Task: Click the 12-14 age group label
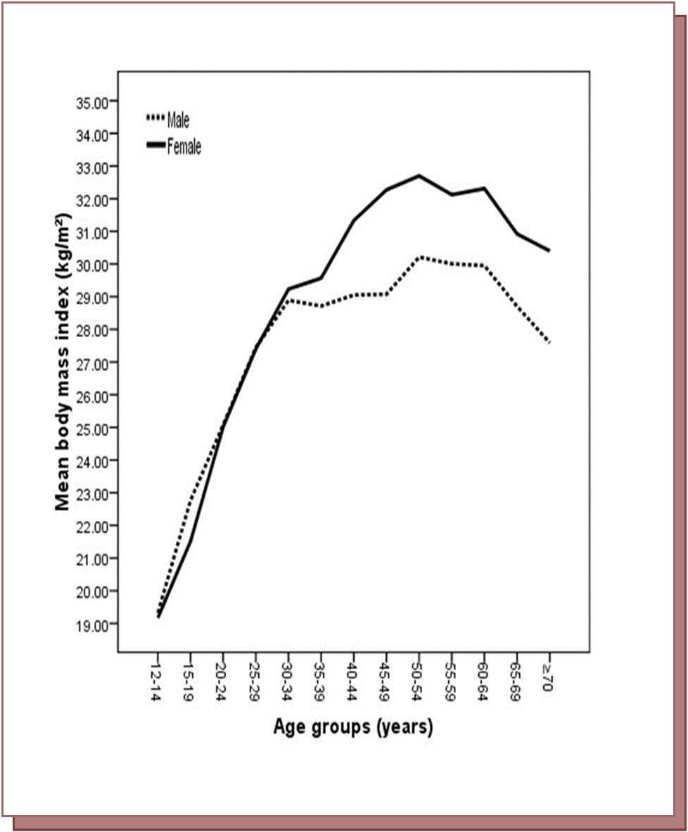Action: click(x=157, y=678)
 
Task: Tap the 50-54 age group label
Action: click(x=419, y=678)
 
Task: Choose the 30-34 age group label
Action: click(x=288, y=678)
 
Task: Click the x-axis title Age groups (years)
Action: click(x=353, y=726)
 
